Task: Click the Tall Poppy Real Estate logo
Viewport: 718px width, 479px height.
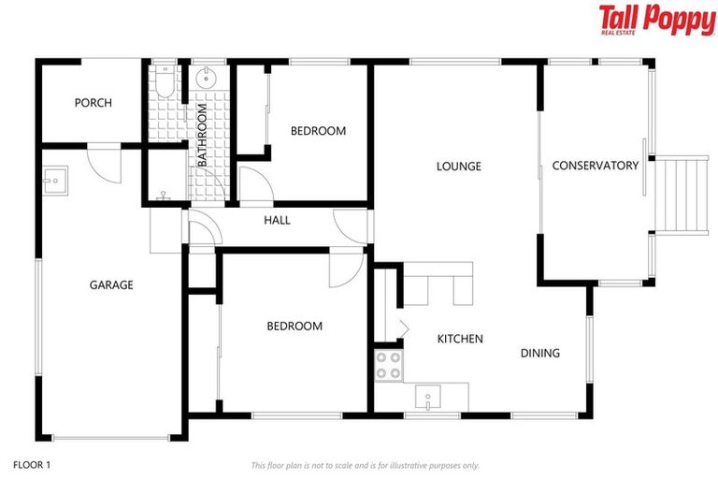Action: coord(656,20)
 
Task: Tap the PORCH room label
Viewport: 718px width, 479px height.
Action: coord(93,103)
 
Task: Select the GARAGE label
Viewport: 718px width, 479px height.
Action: coord(111,285)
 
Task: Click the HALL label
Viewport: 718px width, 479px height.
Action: coord(277,221)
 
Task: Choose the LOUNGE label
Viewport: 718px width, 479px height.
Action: coord(458,167)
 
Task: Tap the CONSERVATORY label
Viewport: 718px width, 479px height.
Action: coord(595,166)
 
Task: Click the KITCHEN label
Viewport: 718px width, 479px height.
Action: coord(460,339)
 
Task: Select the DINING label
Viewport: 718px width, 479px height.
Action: coord(540,353)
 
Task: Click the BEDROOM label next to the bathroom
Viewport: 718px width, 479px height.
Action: coord(318,131)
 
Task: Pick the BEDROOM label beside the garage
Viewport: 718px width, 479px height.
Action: coord(294,327)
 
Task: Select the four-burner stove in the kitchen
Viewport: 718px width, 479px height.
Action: coord(388,366)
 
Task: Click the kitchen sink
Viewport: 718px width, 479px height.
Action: coord(428,399)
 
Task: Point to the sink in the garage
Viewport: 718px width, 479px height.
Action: coord(54,180)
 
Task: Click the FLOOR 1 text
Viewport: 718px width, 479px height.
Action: coord(32,464)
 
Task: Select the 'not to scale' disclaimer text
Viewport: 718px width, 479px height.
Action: coord(365,465)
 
